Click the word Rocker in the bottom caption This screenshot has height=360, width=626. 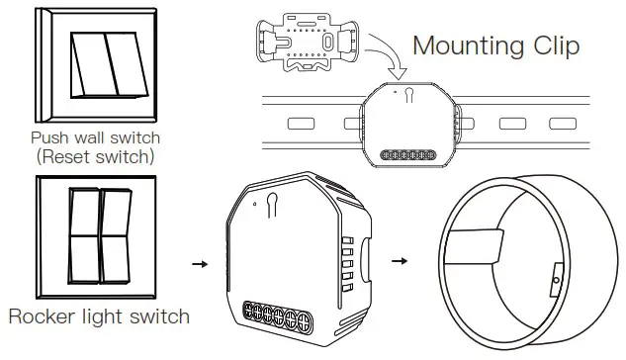44,316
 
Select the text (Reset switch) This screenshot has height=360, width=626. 95,156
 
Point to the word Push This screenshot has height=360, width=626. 49,138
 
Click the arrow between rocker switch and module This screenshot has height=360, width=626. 199,264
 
